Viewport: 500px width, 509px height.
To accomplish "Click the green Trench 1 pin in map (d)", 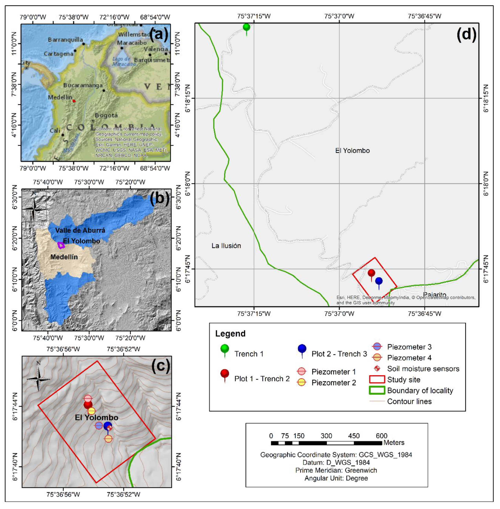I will click(246, 27).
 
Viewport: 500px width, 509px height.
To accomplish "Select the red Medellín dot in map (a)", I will click(74, 101).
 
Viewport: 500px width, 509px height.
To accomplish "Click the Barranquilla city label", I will click(65, 40).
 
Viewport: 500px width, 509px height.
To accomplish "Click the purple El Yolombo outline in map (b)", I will click(61, 245).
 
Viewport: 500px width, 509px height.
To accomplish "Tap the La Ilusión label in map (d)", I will click(226, 246).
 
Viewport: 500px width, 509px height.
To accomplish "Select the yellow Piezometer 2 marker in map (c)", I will click(91, 411).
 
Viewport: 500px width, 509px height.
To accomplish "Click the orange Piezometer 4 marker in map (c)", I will click(108, 438).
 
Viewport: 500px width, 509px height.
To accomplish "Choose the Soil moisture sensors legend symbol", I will click(377, 369).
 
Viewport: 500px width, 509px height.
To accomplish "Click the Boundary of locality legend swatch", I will click(377, 390).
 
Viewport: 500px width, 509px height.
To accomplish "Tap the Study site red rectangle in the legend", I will click(377, 379).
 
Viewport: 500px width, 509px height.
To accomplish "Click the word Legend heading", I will click(230, 334).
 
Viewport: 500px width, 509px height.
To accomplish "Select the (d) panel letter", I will click(466, 34).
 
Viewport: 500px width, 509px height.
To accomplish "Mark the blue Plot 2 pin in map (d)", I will click(379, 281).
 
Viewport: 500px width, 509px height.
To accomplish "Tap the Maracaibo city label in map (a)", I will click(132, 43).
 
